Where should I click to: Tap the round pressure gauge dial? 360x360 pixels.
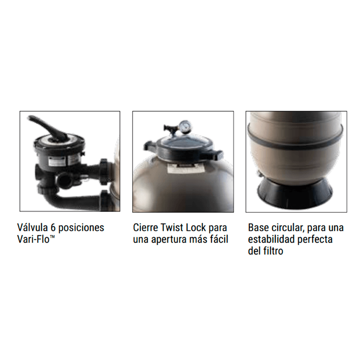185,125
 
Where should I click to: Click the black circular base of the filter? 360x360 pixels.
295,193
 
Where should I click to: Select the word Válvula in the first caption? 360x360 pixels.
32,228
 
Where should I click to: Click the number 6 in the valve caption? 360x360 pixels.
53,228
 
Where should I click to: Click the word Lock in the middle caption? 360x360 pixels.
196,228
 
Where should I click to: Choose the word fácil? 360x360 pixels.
219,239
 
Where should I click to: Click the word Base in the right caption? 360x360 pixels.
258,228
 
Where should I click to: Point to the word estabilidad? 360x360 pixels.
271,239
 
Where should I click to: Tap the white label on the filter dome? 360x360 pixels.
183,168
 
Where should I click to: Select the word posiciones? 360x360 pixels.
81,228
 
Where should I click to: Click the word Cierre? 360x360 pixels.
145,228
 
